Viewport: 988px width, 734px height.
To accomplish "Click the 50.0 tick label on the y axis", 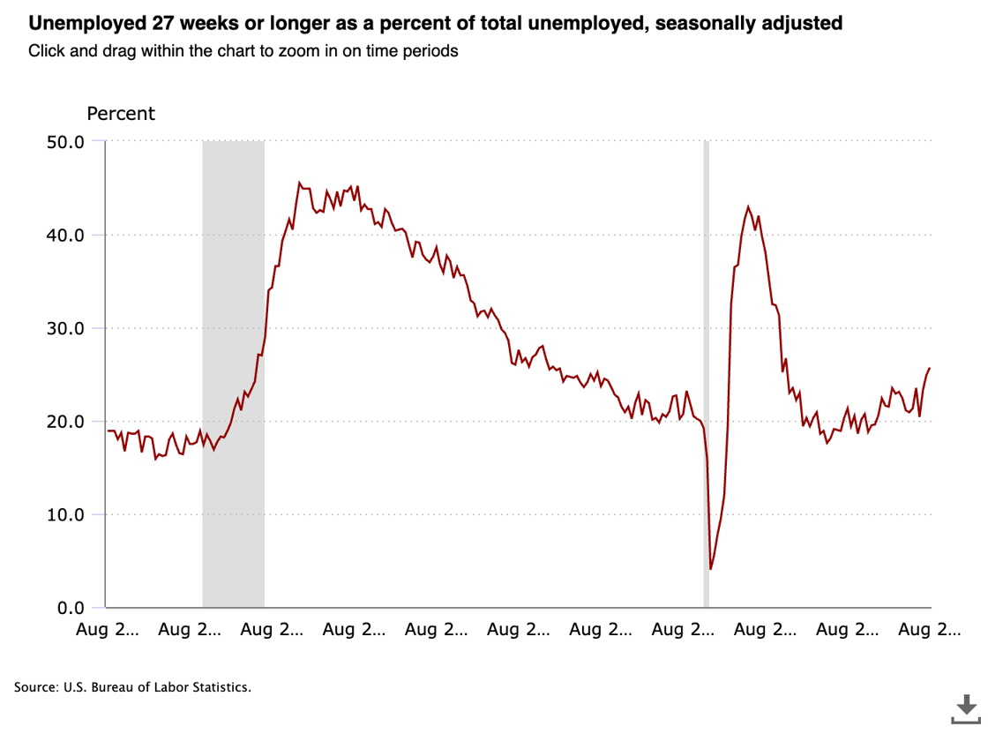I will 64,141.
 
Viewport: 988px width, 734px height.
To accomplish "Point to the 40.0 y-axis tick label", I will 64,235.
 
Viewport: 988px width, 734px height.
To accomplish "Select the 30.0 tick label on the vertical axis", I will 64,328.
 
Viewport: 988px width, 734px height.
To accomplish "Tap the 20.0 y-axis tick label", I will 64,421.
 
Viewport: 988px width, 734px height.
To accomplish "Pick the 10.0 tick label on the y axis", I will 64,514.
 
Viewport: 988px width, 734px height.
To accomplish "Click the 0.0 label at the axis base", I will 70,608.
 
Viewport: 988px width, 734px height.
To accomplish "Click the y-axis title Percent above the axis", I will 121,114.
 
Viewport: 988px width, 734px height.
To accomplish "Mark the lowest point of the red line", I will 710,569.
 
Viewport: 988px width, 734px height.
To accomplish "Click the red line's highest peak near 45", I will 299,183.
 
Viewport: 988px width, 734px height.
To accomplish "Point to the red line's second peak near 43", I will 748,207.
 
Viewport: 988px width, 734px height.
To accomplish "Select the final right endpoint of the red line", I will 930,368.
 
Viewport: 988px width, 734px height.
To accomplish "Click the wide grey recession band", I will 233,371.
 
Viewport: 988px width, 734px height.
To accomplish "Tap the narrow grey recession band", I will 706,371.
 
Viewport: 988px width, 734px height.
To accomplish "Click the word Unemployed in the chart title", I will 72,24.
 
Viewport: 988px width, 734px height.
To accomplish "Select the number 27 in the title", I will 142,24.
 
